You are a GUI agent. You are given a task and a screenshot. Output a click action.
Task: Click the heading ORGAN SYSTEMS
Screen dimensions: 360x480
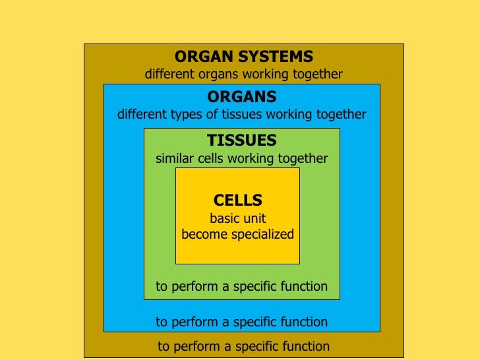point(243,57)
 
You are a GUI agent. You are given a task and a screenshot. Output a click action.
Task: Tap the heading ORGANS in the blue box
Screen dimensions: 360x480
point(241,97)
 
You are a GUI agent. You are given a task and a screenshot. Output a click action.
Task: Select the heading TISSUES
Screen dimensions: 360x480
point(241,140)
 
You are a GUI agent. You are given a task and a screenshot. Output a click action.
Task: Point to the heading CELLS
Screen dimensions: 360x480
point(238,200)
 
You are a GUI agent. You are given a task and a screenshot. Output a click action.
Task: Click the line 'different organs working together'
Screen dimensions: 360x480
point(243,74)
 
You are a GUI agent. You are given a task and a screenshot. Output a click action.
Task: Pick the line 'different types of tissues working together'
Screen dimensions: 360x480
point(241,115)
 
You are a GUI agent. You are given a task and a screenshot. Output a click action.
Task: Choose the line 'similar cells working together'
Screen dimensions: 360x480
point(241,159)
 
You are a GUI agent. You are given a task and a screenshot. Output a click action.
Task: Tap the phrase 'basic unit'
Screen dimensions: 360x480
point(237,219)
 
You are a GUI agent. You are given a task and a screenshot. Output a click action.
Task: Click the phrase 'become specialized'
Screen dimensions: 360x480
point(237,234)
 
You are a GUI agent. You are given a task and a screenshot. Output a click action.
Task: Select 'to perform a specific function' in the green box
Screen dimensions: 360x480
point(241,286)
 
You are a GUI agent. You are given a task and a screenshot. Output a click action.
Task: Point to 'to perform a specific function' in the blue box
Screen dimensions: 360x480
point(241,322)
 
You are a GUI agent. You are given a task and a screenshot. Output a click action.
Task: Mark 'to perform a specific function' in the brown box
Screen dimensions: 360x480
point(243,346)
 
